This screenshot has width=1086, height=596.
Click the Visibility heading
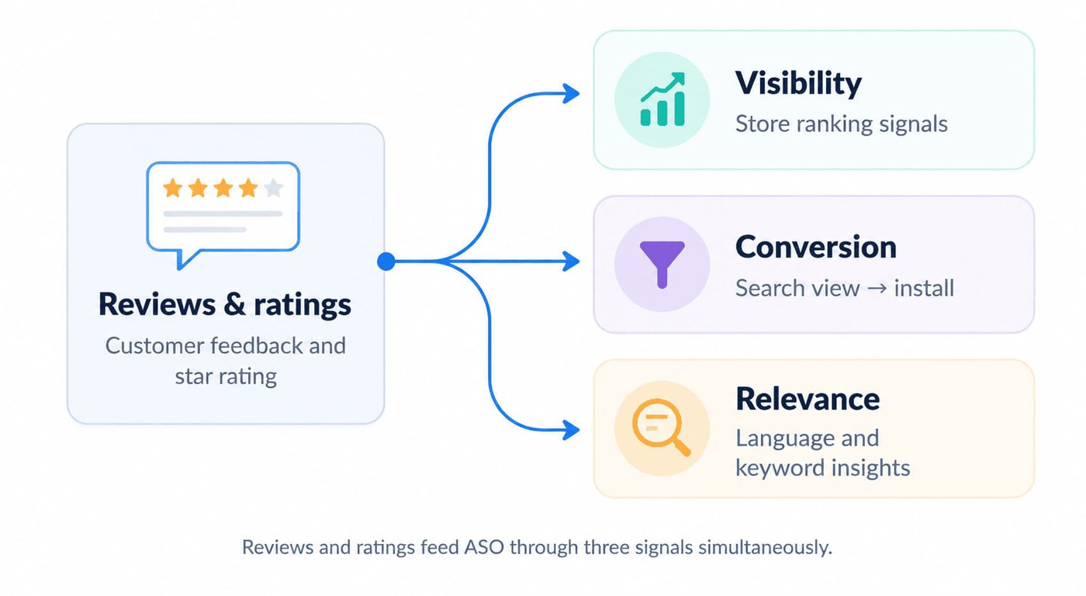798,83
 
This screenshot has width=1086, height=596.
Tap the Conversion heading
816,248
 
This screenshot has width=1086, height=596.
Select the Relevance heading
808,399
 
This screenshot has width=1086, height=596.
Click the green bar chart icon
662,100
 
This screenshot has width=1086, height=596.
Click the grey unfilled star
273,188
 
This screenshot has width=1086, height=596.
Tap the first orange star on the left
172,188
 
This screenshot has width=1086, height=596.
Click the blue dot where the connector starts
386,262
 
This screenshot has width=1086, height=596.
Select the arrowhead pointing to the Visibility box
571,93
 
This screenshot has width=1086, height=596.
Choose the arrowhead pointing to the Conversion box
571,262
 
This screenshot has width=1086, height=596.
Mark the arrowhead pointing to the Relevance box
571,430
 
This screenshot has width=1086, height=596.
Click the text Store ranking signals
841,124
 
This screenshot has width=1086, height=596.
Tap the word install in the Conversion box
924,288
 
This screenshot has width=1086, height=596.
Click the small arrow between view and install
877,289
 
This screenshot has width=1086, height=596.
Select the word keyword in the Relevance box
780,468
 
